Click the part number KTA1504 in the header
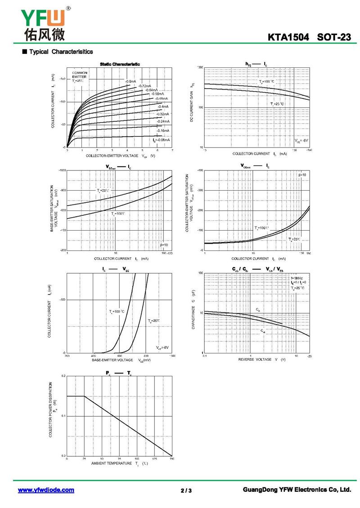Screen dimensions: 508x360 point(289,37)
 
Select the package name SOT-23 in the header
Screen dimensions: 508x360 point(333,37)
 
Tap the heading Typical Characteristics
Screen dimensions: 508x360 point(61,52)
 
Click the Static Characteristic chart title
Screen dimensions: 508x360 point(120,64)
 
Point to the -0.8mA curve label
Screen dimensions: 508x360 point(131,81)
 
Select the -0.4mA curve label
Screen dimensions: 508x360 point(163,107)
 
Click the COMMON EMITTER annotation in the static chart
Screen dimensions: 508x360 point(80,75)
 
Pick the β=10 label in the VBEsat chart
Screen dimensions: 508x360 point(164,245)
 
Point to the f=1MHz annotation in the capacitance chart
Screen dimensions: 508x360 point(296,278)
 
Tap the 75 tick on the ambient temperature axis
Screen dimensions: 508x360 point(119,459)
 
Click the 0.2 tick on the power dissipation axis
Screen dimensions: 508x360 point(63,375)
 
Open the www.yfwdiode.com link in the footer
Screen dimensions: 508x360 point(46,490)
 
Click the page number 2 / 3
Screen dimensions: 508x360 point(186,490)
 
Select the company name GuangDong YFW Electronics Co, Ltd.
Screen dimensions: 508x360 point(296,490)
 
